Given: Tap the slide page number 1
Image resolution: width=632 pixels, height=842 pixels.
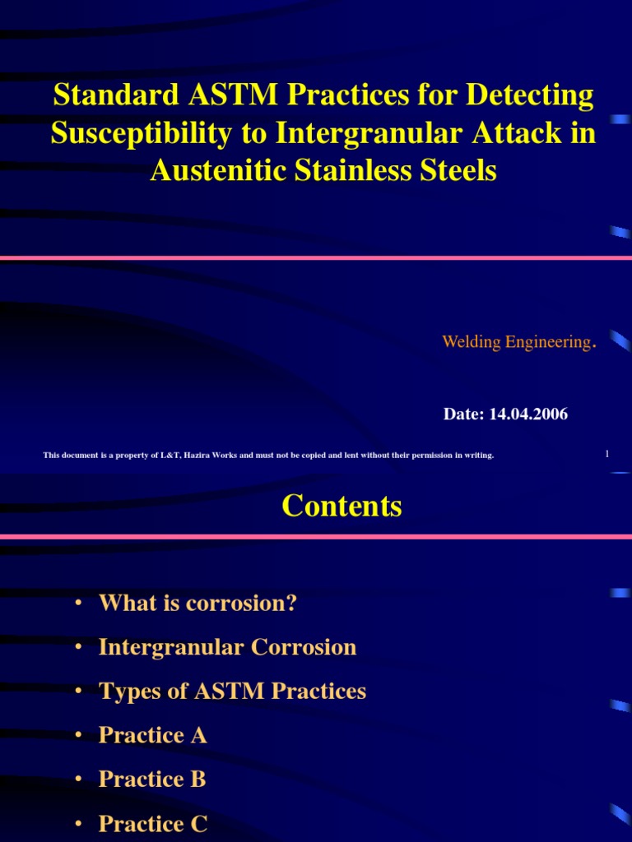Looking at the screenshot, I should point(606,454).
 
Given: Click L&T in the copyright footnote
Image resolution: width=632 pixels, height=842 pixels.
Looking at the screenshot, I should point(169,455).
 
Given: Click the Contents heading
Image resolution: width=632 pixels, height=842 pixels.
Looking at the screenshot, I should point(342,506).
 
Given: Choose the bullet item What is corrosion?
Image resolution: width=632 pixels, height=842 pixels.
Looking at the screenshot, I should point(197,604).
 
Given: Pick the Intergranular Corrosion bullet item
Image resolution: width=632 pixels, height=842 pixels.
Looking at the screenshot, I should point(227,647).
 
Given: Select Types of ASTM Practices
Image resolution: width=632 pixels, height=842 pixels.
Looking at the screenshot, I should point(232,692).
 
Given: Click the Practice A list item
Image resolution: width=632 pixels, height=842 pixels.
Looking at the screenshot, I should point(152,735).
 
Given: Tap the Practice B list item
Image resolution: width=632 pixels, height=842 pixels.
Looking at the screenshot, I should point(152,780).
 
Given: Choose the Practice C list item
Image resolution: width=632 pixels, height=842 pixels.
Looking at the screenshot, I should point(153,824).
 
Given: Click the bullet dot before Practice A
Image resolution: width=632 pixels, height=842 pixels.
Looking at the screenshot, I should point(78,736).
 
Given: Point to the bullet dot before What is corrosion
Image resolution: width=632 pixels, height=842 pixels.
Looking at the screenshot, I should point(78,604).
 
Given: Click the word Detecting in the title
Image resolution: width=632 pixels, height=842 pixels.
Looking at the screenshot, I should point(530,96).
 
